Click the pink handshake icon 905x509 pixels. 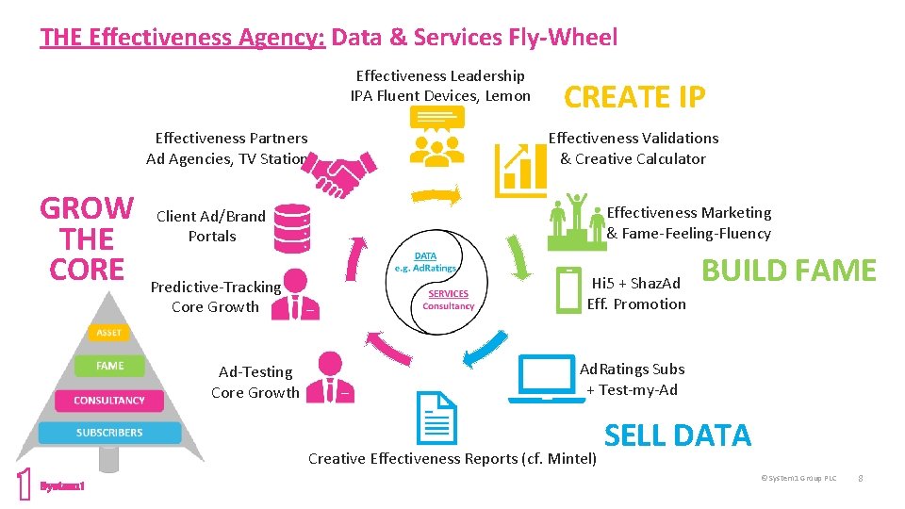(x=342, y=176)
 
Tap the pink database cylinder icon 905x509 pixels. (x=291, y=228)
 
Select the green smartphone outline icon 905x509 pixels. (x=568, y=289)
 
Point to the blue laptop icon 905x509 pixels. (x=546, y=379)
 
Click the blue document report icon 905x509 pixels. (x=436, y=418)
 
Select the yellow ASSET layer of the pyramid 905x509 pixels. (x=109, y=332)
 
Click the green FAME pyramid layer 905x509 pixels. (x=109, y=365)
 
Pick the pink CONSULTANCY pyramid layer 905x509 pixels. (x=109, y=400)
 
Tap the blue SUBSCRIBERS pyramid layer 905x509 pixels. (x=109, y=433)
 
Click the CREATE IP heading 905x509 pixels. (x=633, y=96)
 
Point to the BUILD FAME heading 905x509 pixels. (x=789, y=271)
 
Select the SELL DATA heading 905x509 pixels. (x=677, y=435)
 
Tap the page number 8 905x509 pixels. (x=860, y=478)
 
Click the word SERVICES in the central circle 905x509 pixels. (x=448, y=293)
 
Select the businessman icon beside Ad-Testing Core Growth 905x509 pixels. (x=331, y=374)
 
